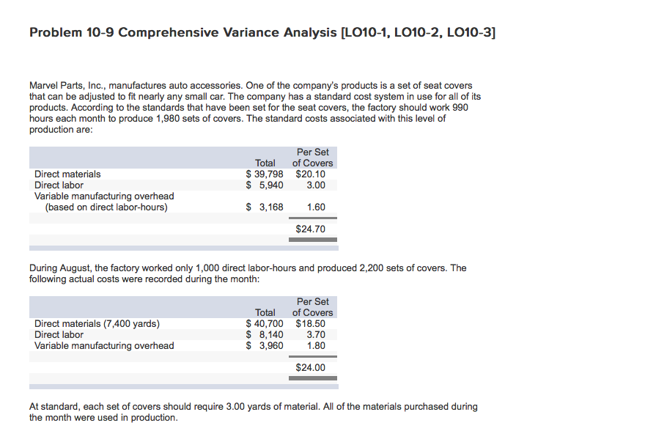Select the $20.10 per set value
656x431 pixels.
pos(310,174)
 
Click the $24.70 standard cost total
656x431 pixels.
pos(310,229)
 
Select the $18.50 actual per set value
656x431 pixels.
pos(310,324)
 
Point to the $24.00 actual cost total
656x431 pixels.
pos(310,368)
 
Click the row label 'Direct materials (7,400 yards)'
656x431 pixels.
pos(97,324)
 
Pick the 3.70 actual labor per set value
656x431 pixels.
pos(316,335)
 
